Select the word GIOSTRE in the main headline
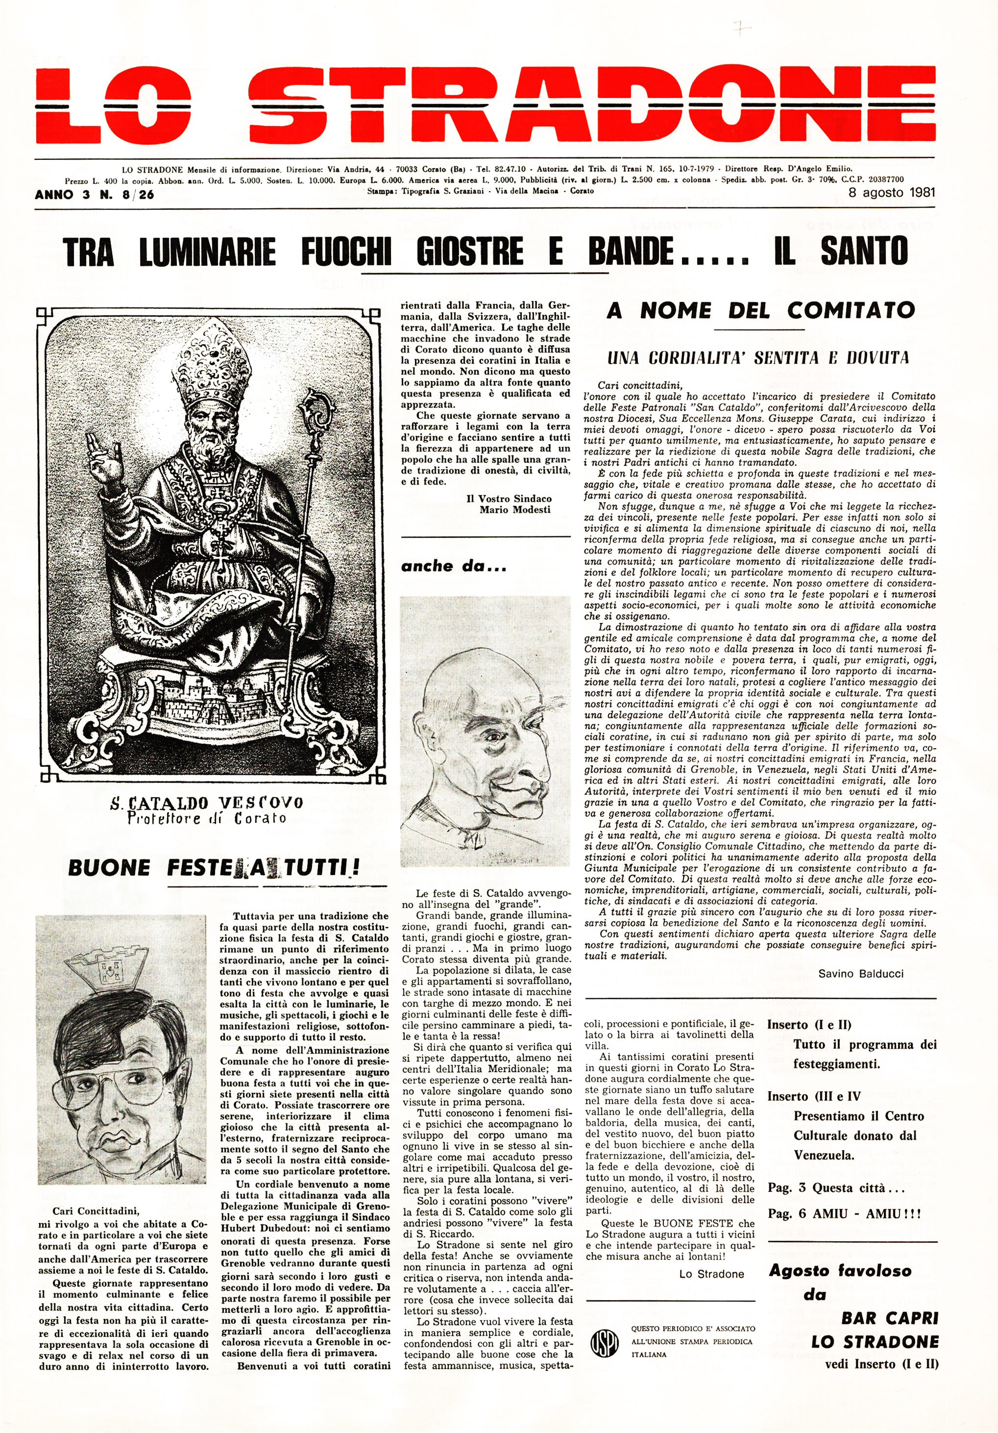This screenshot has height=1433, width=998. point(470,252)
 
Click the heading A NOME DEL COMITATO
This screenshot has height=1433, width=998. point(760,310)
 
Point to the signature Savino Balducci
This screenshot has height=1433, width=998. point(861,974)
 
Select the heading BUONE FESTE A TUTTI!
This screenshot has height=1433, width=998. point(214,868)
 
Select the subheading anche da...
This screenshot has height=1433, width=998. point(454,567)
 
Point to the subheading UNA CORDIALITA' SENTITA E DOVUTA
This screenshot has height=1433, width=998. point(758,358)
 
